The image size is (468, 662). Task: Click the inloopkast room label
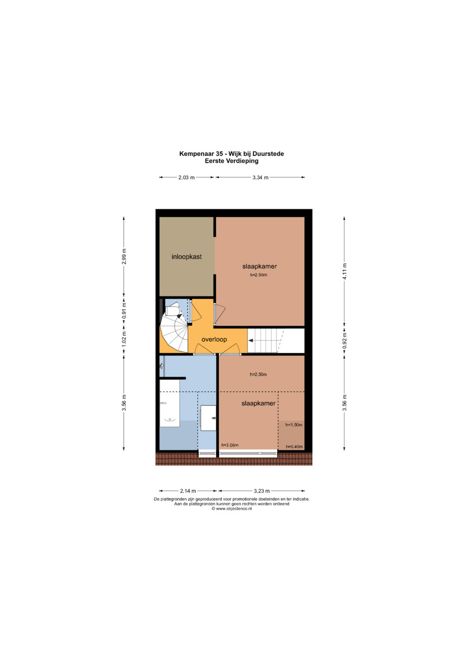click(x=186, y=257)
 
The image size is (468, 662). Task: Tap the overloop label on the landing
click(x=214, y=339)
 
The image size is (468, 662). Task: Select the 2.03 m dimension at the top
click(x=186, y=178)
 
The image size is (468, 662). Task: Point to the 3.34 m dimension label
click(x=260, y=178)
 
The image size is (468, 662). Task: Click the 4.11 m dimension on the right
click(x=344, y=273)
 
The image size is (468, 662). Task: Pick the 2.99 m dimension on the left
click(x=124, y=256)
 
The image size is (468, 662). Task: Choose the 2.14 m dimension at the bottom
click(x=188, y=491)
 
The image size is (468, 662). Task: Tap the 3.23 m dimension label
click(x=261, y=491)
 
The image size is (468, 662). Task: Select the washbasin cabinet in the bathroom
click(x=208, y=418)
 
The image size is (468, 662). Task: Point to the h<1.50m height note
click(x=294, y=425)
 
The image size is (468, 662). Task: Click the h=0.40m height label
click(x=294, y=447)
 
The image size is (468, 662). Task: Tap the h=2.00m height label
click(x=230, y=445)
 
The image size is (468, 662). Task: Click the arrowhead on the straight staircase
click(x=250, y=340)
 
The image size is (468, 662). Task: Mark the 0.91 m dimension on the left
click(x=124, y=311)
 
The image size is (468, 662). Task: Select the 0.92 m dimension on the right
click(x=344, y=341)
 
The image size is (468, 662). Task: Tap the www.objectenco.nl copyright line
click(x=232, y=509)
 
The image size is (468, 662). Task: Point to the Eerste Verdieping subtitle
click(x=232, y=161)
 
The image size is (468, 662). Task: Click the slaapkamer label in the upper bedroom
click(x=260, y=266)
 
